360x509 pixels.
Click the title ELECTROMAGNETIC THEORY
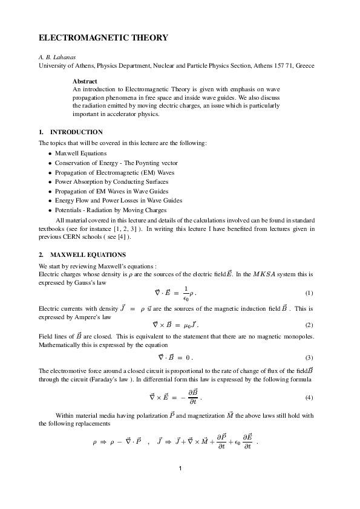pos(103,37)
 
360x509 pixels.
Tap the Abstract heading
pos(85,80)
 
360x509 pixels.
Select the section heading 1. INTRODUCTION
pos(70,132)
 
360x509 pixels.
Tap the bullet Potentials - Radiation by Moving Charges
pos(111,210)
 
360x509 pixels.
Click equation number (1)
pos(309,293)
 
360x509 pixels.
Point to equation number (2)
pos(309,325)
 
